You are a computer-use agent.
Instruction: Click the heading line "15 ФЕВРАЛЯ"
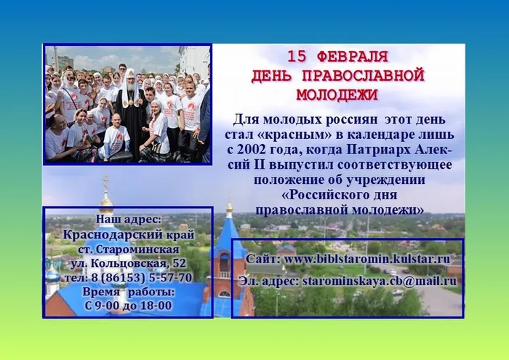337,56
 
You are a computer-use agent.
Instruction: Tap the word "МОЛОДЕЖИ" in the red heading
337,94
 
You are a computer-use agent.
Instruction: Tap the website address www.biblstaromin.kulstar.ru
367,259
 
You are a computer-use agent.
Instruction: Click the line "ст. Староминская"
128,249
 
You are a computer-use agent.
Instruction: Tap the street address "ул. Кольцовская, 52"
128,263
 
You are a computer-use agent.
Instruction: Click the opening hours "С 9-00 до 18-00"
128,305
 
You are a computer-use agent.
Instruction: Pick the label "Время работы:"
128,292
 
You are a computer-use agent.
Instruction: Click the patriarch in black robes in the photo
132,109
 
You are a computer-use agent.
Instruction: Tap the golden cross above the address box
105,182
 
